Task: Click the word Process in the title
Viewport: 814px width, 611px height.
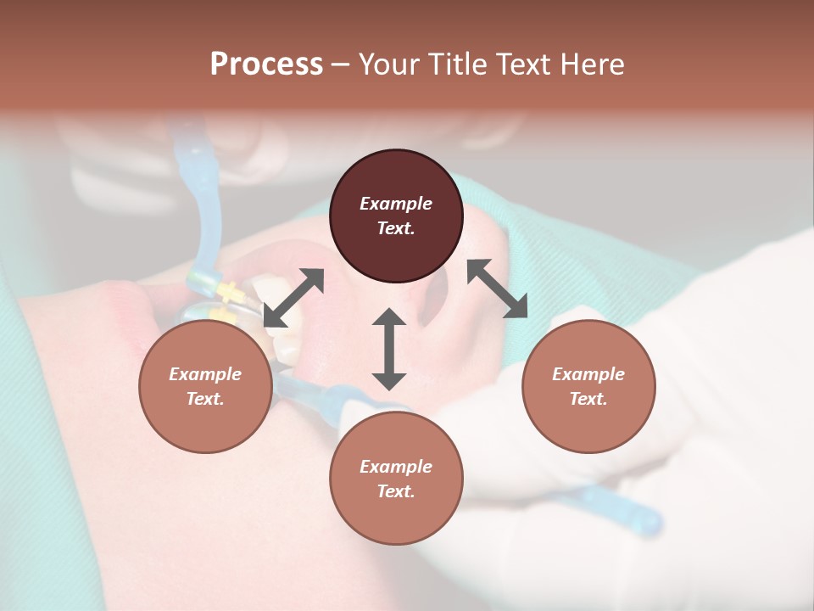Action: point(266,64)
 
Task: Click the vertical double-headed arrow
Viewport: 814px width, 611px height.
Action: point(389,350)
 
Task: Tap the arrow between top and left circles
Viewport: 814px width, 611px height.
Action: point(293,297)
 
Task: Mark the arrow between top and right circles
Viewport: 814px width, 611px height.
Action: point(498,289)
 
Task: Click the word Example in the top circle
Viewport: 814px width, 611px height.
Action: point(396,204)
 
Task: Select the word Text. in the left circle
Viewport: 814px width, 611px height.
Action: point(205,399)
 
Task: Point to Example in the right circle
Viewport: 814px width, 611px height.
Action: point(588,374)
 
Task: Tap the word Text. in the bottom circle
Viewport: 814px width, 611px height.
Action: point(396,491)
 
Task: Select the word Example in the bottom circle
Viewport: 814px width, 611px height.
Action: point(396,467)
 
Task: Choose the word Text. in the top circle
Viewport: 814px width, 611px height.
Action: point(396,228)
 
